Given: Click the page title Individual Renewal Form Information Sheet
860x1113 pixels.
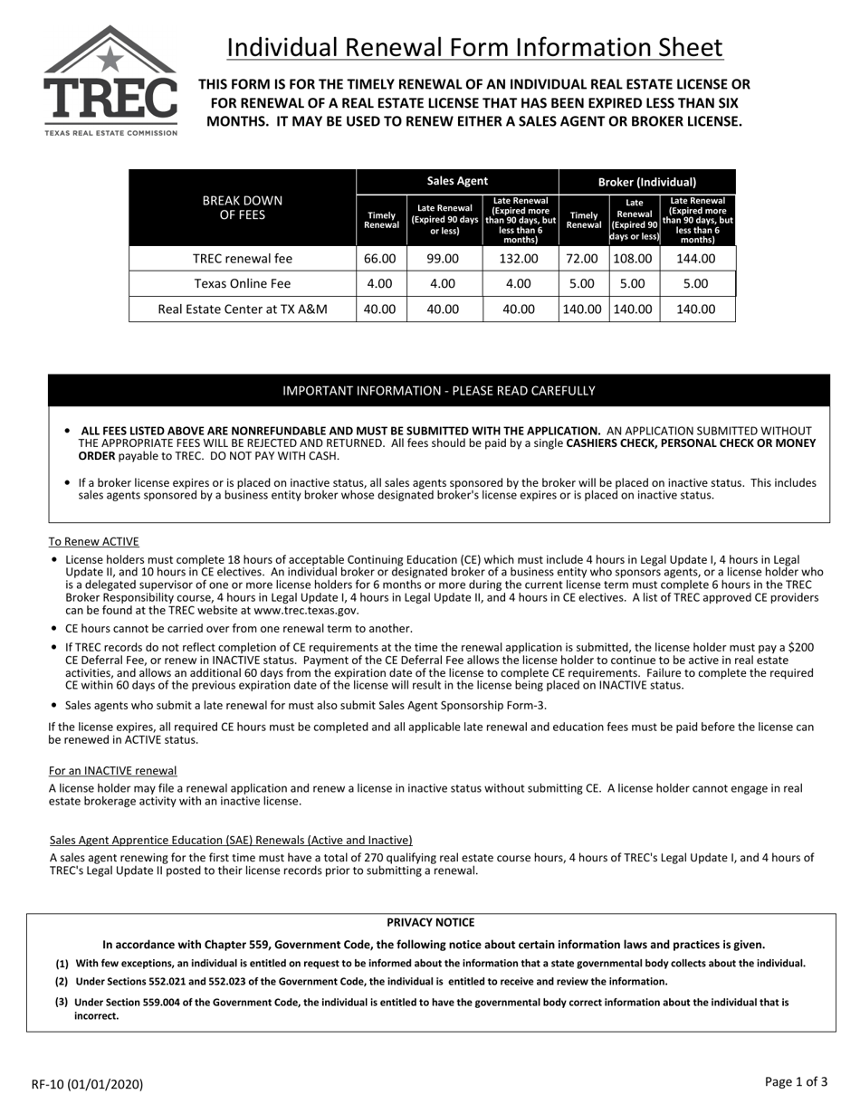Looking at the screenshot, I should click(x=474, y=47).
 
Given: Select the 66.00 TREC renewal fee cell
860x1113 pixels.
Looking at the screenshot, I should click(x=380, y=259).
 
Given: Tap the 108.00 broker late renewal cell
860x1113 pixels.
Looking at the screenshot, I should click(x=633, y=259).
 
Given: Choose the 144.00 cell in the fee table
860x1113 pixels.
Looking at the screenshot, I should click(x=696, y=259).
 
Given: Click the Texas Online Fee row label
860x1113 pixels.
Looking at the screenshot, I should click(x=243, y=283).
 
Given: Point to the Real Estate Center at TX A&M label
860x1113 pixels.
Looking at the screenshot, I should click(x=243, y=309).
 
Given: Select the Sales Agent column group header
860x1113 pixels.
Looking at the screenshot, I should click(x=457, y=181).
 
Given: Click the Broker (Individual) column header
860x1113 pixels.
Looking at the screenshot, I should click(x=647, y=182).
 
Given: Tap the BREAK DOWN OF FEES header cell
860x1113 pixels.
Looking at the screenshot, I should click(x=242, y=207).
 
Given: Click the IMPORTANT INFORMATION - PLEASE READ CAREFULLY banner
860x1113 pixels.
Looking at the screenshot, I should click(x=439, y=391).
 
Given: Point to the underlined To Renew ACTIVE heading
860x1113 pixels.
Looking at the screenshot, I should click(x=94, y=541).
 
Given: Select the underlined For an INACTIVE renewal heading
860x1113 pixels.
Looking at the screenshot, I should click(x=113, y=770).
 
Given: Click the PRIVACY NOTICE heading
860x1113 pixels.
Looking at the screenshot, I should click(x=430, y=922).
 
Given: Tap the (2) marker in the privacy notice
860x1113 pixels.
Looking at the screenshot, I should click(x=62, y=981).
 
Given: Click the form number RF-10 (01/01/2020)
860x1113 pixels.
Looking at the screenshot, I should click(x=87, y=1084).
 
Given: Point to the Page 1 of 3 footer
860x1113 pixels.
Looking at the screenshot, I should click(x=796, y=1081).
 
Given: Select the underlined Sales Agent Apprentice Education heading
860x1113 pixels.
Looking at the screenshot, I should click(x=231, y=840).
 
